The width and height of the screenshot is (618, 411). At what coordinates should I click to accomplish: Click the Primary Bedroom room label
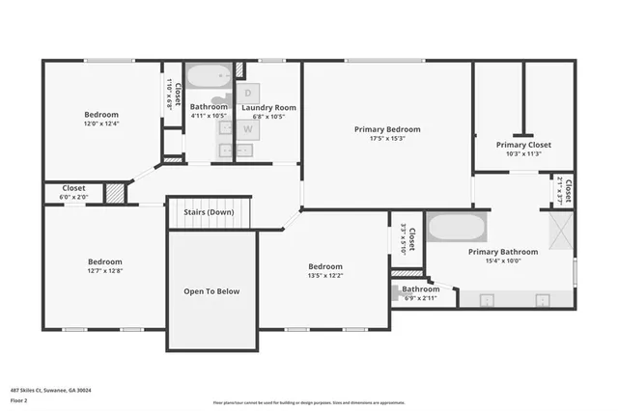tap(387, 129)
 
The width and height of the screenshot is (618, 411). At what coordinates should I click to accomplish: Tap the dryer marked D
tap(247, 93)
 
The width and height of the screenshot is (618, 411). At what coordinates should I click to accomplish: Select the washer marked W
tap(247, 127)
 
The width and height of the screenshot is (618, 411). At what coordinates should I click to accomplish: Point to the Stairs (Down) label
tap(209, 211)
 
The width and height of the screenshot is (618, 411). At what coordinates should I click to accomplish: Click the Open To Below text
tap(211, 290)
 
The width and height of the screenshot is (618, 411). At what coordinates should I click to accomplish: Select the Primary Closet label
tap(524, 145)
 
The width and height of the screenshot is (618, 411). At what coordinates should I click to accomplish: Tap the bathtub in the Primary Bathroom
tap(458, 229)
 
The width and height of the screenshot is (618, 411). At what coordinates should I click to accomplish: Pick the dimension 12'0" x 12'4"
tap(101, 123)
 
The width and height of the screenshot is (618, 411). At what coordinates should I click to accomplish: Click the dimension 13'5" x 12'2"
tap(324, 276)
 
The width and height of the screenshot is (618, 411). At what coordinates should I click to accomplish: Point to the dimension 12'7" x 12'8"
tap(105, 271)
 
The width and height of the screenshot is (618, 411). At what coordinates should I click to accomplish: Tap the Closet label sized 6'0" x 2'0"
tap(74, 188)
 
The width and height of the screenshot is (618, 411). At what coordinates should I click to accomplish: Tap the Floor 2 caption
tap(18, 399)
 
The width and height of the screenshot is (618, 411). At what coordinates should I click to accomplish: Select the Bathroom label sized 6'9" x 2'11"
tap(421, 289)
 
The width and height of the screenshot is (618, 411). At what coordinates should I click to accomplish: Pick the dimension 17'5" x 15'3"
tap(387, 138)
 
